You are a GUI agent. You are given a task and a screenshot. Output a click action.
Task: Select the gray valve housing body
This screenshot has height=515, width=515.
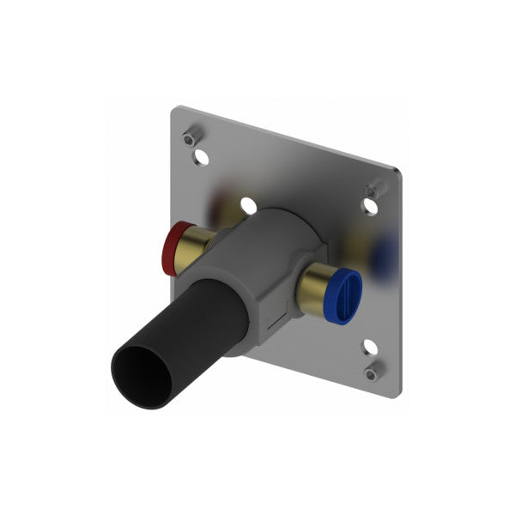(257, 257)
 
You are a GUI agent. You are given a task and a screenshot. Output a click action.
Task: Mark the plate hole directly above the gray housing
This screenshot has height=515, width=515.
(249, 205)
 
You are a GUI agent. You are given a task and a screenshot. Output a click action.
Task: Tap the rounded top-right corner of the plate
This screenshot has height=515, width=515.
(397, 172)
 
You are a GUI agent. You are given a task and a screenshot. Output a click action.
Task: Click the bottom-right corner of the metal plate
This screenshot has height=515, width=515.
(397, 397)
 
